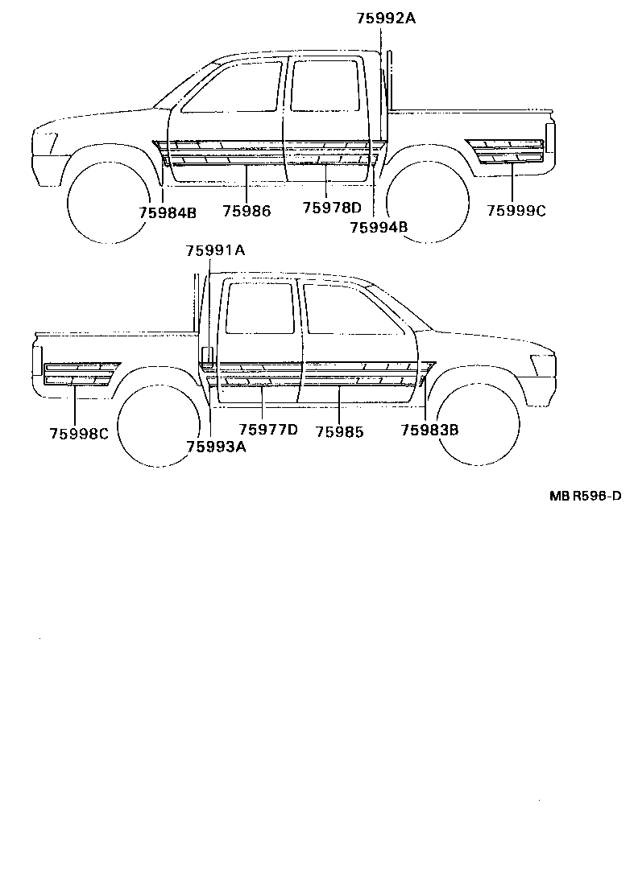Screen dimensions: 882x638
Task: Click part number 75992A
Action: pyautogui.click(x=386, y=18)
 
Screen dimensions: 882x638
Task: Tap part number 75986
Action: pyautogui.click(x=246, y=211)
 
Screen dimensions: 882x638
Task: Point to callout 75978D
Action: pyautogui.click(x=332, y=208)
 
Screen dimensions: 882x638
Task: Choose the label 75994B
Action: pyautogui.click(x=379, y=227)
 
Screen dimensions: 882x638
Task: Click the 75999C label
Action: pyautogui.click(x=516, y=211)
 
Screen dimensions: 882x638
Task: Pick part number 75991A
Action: pyautogui.click(x=215, y=250)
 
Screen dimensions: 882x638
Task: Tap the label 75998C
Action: pyautogui.click(x=79, y=433)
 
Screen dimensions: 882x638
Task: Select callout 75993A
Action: pyautogui.click(x=216, y=447)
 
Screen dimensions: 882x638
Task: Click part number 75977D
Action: pyautogui.click(x=268, y=430)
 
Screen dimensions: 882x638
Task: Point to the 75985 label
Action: pyautogui.click(x=339, y=432)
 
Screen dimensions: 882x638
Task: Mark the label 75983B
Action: pyautogui.click(x=429, y=430)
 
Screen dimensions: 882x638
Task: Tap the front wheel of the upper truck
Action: pyautogui.click(x=109, y=202)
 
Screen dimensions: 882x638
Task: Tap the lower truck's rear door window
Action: pyautogui.click(x=260, y=308)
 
